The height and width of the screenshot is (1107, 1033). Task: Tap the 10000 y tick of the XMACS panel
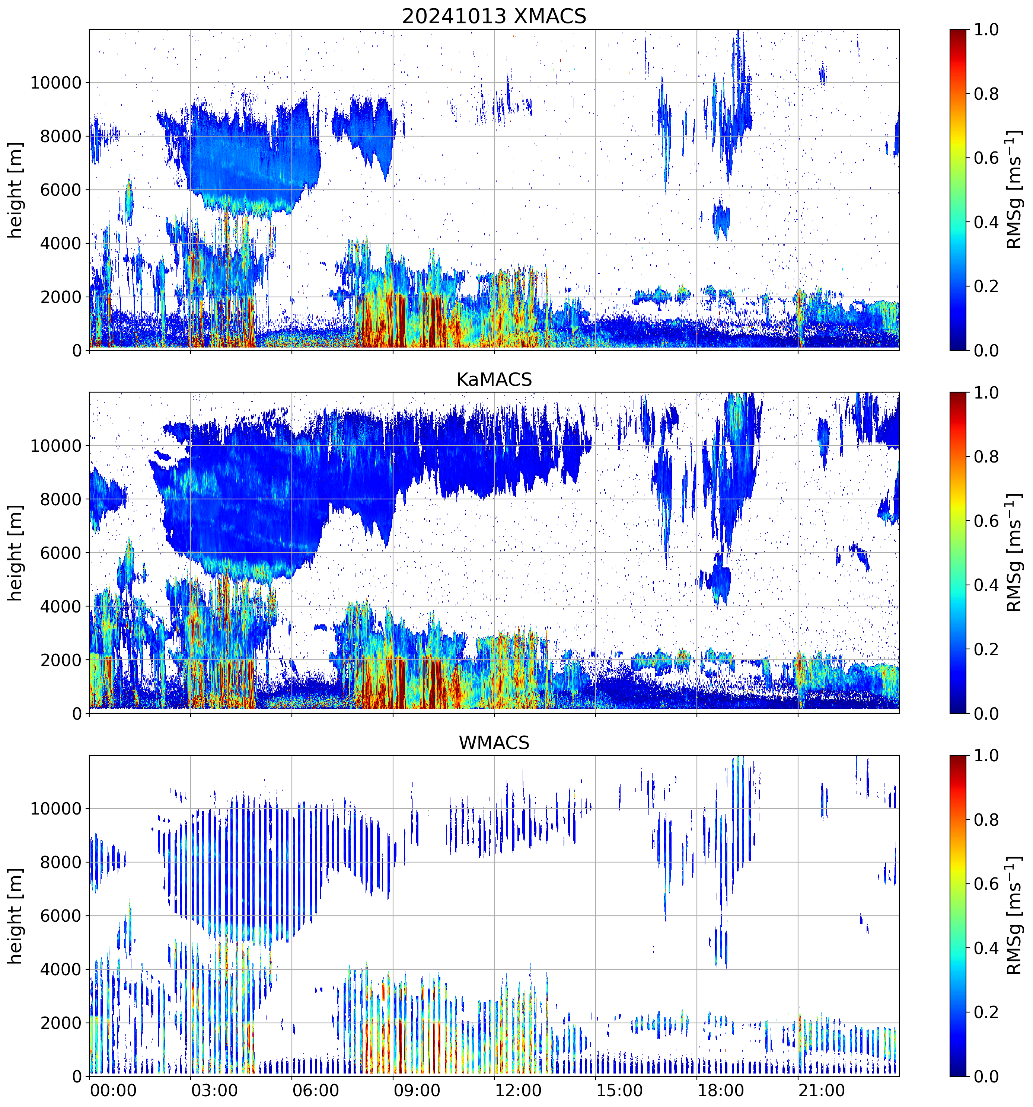pyautogui.click(x=56, y=83)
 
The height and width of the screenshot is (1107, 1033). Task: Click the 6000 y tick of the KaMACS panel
pyautogui.click(x=61, y=553)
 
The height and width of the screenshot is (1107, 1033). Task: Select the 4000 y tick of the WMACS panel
pyautogui.click(x=61, y=969)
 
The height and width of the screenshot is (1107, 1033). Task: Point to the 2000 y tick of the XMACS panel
pyautogui.click(x=61, y=297)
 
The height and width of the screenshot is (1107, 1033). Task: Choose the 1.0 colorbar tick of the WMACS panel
pyautogui.click(x=986, y=756)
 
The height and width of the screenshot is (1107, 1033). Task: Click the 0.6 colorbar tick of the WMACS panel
pyautogui.click(x=986, y=884)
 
